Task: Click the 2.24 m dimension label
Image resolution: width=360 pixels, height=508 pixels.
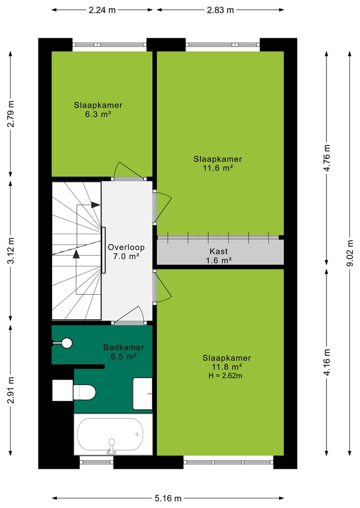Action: (102, 9)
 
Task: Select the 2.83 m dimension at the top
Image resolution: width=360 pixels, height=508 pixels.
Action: (220, 9)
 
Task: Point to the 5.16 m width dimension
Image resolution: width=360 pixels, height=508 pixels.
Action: (167, 498)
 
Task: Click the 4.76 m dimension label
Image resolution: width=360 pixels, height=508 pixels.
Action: (327, 158)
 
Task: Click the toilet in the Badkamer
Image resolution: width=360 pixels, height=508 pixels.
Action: (84, 392)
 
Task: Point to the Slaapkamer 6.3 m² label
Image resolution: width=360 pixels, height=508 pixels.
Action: (98, 109)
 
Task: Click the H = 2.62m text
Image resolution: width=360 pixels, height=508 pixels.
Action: (226, 376)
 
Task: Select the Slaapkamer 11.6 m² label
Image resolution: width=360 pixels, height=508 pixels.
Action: (218, 163)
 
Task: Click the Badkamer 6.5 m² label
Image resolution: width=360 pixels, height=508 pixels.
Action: (123, 352)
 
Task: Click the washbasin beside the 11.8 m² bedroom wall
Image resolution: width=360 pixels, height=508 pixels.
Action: (142, 394)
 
